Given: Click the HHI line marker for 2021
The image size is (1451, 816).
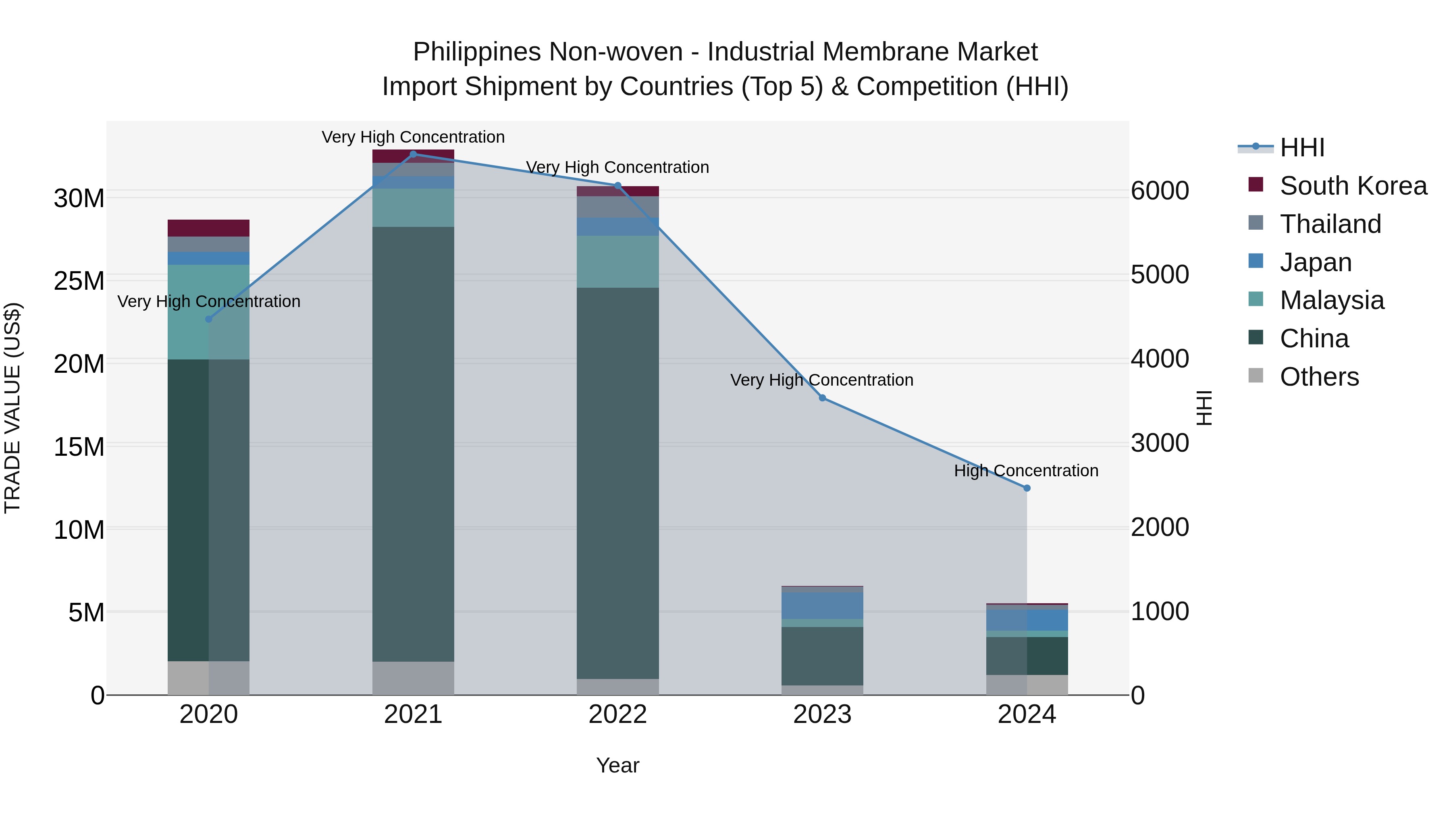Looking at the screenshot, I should pyautogui.click(x=414, y=154).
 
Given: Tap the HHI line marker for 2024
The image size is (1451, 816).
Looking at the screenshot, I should pyautogui.click(x=1027, y=488).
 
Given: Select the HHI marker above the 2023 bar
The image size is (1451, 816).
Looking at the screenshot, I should pyautogui.click(x=822, y=398).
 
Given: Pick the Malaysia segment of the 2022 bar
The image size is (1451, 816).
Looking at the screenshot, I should pyautogui.click(x=618, y=262).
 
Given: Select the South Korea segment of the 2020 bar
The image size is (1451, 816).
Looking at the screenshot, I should pyautogui.click(x=208, y=228).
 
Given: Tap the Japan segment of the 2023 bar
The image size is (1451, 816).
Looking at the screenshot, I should pyautogui.click(x=822, y=605).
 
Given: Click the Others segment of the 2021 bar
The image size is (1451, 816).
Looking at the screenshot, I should pyautogui.click(x=414, y=678).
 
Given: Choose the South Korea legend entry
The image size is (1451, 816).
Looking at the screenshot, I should pyautogui.click(x=1353, y=186).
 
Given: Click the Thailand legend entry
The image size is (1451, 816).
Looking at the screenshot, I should pyautogui.click(x=1330, y=224).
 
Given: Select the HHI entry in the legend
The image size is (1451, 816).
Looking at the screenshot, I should pyautogui.click(x=1302, y=147).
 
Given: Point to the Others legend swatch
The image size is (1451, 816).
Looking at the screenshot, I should pyautogui.click(x=1256, y=376).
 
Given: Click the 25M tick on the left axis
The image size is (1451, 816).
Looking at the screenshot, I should pyautogui.click(x=79, y=281).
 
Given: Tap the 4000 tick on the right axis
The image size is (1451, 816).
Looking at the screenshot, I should pyautogui.click(x=1160, y=359).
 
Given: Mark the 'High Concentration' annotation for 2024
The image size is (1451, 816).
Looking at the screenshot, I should pyautogui.click(x=1026, y=471).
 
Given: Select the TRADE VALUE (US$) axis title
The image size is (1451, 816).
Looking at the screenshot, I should pyautogui.click(x=12, y=408).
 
